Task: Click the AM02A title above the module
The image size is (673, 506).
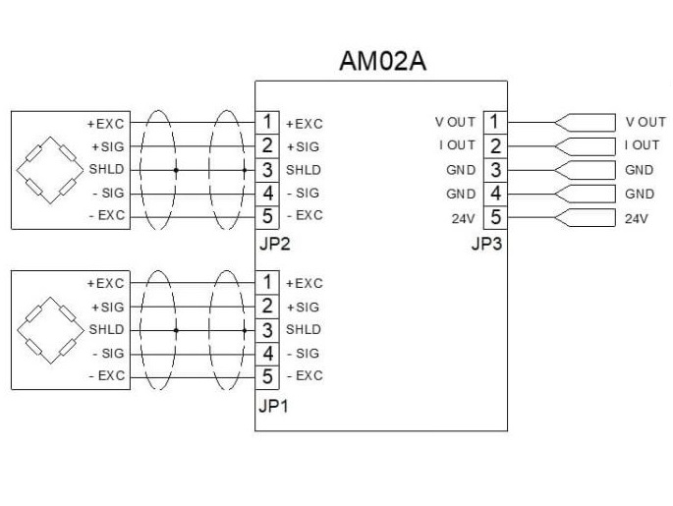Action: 382,62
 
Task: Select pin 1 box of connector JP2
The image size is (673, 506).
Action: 266,123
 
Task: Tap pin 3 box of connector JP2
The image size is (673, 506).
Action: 266,169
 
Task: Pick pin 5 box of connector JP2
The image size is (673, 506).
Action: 266,215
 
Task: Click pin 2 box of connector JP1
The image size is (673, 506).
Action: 266,306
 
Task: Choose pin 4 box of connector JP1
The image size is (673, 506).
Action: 266,352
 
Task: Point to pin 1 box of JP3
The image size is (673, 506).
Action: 495,122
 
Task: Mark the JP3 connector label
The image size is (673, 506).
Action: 486,245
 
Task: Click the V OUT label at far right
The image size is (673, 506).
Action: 645,122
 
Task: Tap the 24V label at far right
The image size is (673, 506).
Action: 636,218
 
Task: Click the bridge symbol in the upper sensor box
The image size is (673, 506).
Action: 48,169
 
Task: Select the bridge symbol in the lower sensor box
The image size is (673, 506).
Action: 48,329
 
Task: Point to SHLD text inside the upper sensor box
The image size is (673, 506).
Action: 106,170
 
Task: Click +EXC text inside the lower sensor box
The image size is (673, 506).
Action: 106,283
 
